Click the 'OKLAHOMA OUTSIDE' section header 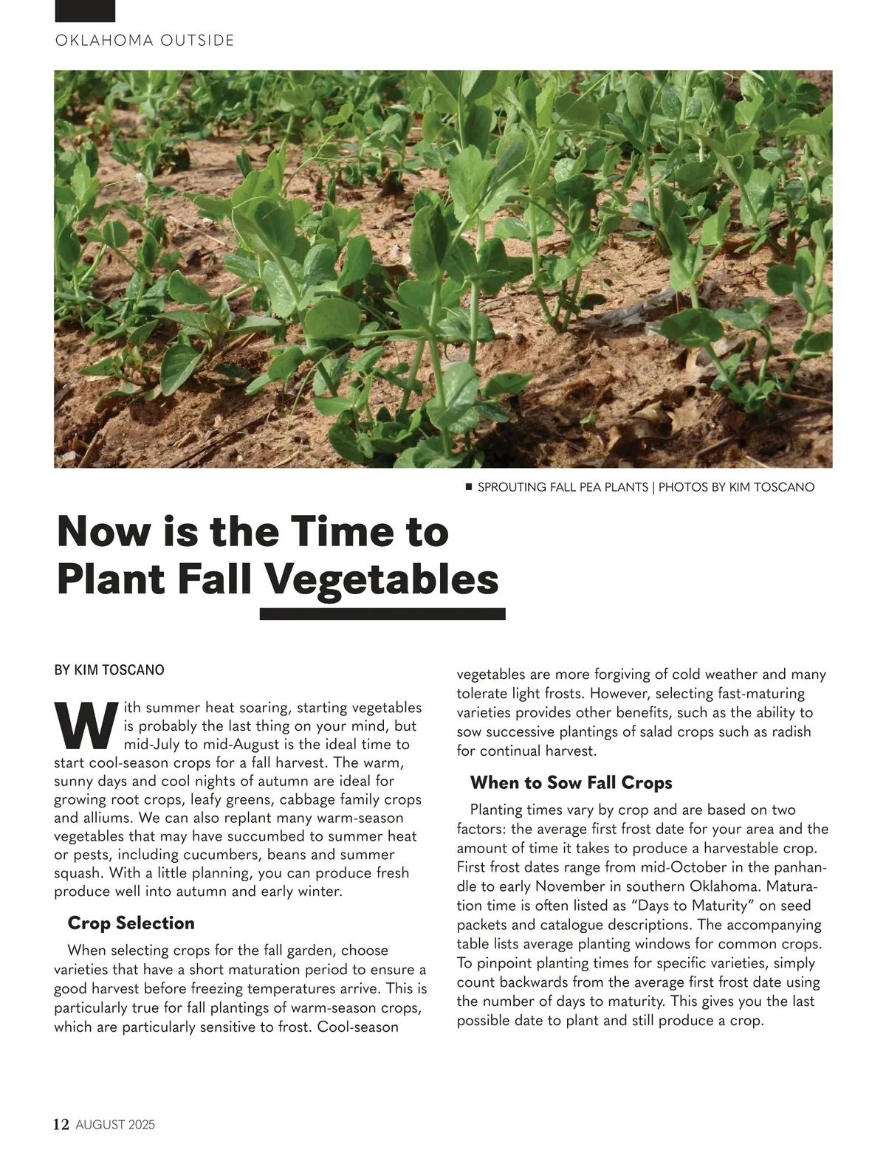point(145,41)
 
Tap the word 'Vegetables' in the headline point(382,579)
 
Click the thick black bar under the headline point(382,614)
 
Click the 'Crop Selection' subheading point(131,923)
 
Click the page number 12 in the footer point(61,1125)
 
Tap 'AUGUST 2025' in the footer point(115,1126)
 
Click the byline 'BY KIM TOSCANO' point(109,670)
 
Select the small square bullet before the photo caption point(468,487)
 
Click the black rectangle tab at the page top point(85,10)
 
